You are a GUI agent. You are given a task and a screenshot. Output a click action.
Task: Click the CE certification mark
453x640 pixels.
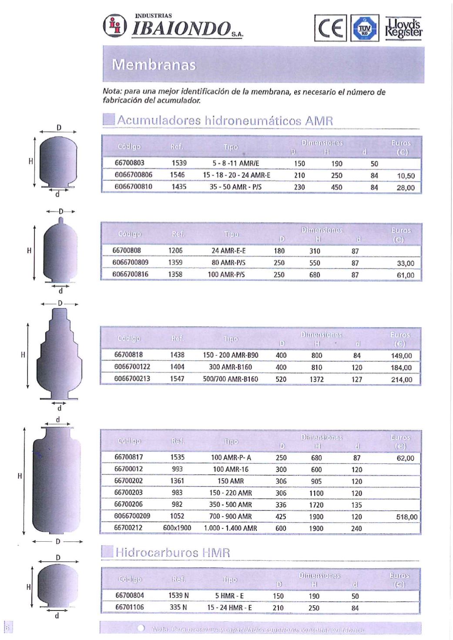331,28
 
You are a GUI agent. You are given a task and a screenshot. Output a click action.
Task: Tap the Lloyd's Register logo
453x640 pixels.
403,28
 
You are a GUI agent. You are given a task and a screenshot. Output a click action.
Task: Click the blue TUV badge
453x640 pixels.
365,28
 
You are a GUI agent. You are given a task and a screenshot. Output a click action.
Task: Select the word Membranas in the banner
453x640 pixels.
154,65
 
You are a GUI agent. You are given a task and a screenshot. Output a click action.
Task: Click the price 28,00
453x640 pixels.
406,188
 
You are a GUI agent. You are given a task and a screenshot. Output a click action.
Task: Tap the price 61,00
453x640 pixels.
406,275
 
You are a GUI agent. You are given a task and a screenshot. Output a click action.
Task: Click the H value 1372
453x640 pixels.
317,379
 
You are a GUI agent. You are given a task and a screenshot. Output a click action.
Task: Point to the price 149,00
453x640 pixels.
401,356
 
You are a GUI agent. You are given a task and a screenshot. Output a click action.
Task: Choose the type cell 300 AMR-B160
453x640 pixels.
231,367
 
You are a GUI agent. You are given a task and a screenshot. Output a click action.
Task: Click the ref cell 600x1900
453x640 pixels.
177,528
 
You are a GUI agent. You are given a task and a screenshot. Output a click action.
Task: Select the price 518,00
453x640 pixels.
407,517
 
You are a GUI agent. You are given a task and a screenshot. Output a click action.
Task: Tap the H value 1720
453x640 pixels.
316,505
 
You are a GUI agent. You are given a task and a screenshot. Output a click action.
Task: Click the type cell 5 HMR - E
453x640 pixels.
229,596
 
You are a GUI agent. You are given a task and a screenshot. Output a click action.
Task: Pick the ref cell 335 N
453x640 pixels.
178,607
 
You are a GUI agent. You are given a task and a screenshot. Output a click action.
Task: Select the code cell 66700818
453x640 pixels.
128,355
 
